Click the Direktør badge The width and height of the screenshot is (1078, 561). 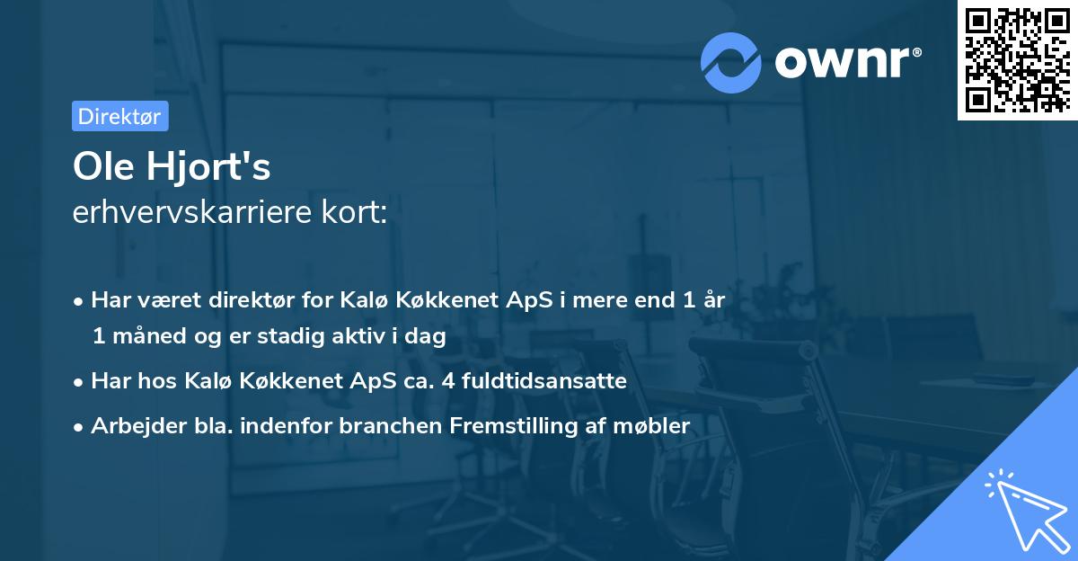tap(119, 116)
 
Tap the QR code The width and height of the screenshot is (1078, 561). tap(1016, 59)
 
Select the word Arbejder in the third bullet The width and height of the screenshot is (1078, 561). tap(131, 426)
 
